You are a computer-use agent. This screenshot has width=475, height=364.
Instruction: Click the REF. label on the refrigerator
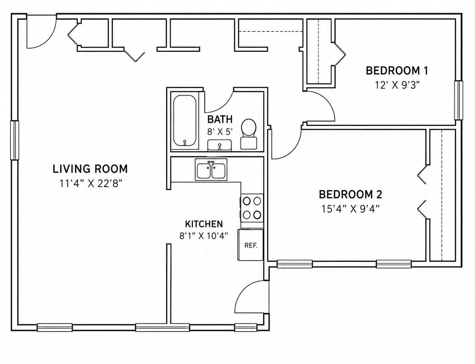[x=251, y=245]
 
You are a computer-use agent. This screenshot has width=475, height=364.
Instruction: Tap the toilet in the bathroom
[x=249, y=134]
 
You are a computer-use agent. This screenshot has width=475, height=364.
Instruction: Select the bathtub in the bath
[x=185, y=120]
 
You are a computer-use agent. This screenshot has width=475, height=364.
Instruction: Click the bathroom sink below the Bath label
[x=219, y=145]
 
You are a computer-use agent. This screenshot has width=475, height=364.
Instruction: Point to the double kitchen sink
[x=211, y=170]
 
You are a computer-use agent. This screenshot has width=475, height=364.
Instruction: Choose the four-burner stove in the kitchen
[x=252, y=208]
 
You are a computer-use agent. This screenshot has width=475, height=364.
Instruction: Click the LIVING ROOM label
[x=90, y=169]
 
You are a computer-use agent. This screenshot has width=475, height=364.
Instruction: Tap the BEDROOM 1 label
[x=397, y=71]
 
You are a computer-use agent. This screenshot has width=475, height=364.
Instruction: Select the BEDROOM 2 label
[x=350, y=194]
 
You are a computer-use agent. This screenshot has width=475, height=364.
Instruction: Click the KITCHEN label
[x=204, y=224]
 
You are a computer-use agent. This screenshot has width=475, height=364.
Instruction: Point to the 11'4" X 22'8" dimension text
[x=90, y=184]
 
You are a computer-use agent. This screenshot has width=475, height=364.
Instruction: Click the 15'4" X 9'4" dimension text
[x=350, y=209]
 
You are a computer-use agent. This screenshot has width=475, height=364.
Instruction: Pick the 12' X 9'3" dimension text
[x=397, y=85]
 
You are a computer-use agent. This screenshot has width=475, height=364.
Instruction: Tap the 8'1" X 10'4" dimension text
[x=204, y=236]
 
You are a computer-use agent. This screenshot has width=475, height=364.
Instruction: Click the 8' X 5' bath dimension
[x=220, y=132]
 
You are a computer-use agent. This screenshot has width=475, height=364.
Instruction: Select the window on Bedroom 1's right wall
[x=459, y=100]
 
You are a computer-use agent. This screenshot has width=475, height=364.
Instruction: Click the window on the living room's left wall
[x=15, y=140]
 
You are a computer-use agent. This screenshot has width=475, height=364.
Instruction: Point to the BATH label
[x=220, y=119]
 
